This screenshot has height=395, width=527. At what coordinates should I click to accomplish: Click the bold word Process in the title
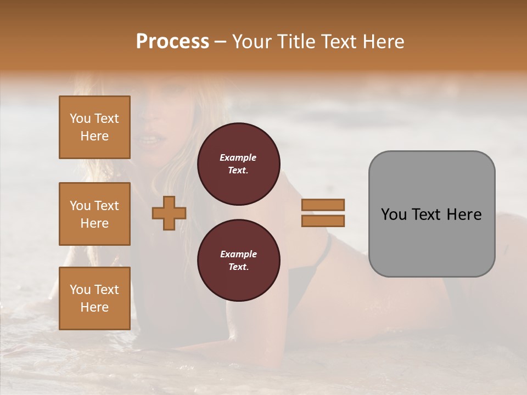pos(172,41)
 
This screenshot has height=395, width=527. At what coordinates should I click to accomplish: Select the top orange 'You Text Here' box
pos(94,127)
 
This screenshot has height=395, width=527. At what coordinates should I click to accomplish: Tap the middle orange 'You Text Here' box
pos(94,214)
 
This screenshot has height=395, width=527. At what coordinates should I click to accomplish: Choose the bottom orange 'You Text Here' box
pos(94,298)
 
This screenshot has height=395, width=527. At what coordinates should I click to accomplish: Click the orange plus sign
pos(169,212)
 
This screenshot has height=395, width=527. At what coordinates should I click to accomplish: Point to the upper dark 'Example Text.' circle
pos(238,164)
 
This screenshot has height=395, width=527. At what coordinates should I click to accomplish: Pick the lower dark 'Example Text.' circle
pos(238,261)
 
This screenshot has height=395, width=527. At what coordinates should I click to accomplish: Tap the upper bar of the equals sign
pos(323,205)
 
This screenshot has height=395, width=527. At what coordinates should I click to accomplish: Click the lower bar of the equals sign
pos(323,221)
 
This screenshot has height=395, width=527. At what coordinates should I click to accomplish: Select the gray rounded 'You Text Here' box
pos(431,214)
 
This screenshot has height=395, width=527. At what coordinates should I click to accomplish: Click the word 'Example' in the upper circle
pos(238,157)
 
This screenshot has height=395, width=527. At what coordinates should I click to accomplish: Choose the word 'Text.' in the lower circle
pos(238,267)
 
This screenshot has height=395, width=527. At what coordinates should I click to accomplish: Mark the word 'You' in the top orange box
pos(80,119)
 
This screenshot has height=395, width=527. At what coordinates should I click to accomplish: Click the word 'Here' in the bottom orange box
pos(94,307)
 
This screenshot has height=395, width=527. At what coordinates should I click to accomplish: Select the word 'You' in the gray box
pos(394,214)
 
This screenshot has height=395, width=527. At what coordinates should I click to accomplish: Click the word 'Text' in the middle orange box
pos(106,206)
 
